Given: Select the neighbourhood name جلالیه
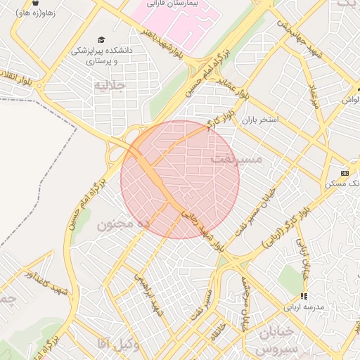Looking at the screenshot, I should click(x=109, y=85).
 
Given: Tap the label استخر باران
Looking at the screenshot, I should click(x=261, y=120).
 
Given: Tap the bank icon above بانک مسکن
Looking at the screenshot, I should click(x=345, y=173).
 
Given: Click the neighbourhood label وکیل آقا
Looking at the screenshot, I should click(x=105, y=343).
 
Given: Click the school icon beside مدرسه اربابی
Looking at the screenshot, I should click(x=304, y=297).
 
